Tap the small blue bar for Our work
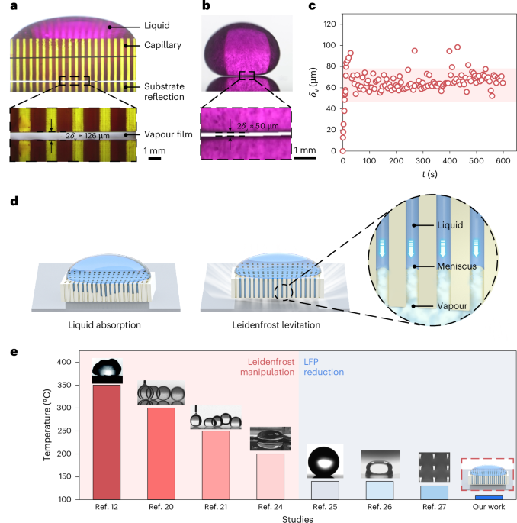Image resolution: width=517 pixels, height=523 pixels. click(487, 496)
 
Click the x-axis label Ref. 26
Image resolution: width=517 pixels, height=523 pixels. click(378, 507)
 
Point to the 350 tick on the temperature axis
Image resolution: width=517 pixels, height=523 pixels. click(73, 386)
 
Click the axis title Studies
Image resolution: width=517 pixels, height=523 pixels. click(297, 518)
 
